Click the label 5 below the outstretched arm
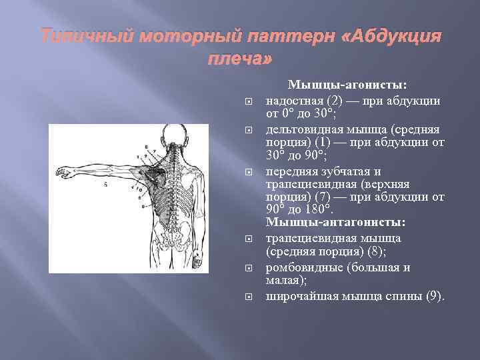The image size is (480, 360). click(105, 185)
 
